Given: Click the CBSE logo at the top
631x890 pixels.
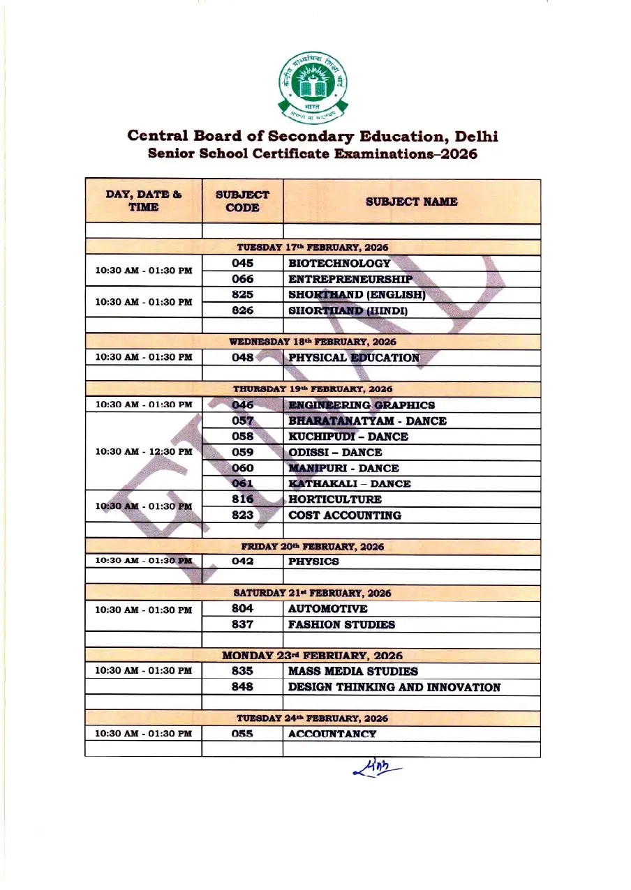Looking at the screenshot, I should point(313,86).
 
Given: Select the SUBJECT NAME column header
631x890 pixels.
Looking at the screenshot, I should point(411,202).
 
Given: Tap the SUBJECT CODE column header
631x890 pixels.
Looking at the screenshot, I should point(242,202).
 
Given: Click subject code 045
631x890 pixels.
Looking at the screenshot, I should point(242,264).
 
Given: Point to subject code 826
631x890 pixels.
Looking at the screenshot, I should point(242,310).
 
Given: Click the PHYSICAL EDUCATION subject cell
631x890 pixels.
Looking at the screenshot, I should point(354,358).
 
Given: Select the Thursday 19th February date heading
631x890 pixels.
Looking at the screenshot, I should point(313,389).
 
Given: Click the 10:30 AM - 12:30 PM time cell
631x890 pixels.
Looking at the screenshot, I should point(143,452).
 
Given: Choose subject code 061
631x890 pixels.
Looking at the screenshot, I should point(242,483).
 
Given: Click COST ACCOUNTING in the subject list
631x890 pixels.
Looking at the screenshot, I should point(345,515).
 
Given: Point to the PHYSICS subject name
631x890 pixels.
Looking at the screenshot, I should point(314,561).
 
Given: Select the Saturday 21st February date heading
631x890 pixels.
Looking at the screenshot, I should point(313,593).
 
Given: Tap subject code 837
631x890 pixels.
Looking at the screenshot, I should point(242,624).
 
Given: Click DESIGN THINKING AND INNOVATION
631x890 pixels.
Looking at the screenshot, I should point(394,687).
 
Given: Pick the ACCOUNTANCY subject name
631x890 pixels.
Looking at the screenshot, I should point(332,734).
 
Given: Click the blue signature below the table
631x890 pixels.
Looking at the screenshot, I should point(378,769).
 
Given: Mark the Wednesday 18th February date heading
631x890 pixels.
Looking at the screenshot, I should point(313,342).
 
